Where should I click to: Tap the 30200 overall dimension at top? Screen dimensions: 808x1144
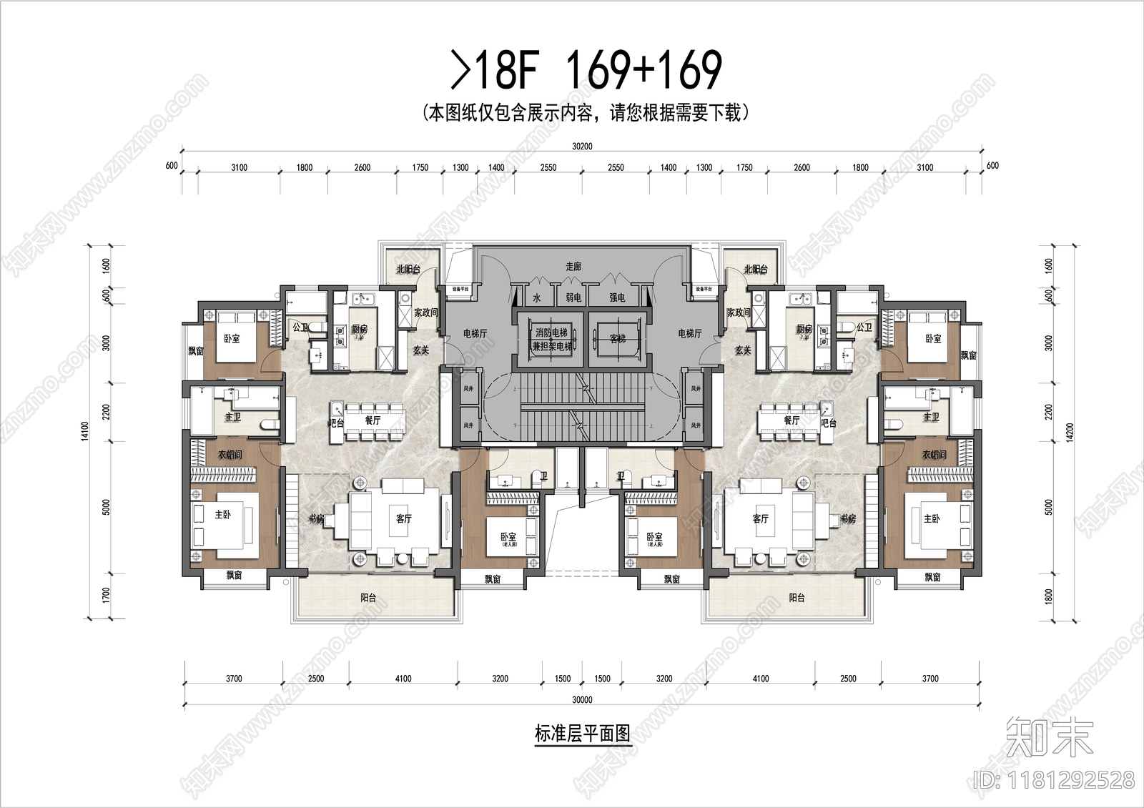[x=582, y=147]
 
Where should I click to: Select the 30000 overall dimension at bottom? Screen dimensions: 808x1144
[x=582, y=700]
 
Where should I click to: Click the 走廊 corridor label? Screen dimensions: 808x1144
[x=573, y=266]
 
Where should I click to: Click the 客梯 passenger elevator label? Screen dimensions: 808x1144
[x=617, y=338]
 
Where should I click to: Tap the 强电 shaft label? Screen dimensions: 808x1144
[x=617, y=297]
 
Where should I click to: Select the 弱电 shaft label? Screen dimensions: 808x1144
[x=573, y=297]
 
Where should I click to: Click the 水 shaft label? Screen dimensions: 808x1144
[x=536, y=297]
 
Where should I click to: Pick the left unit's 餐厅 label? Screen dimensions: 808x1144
[x=373, y=420]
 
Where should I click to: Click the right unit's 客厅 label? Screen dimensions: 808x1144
[x=760, y=518]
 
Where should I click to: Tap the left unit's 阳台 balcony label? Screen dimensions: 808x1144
[x=368, y=598]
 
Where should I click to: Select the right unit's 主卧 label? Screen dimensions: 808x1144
[x=932, y=518]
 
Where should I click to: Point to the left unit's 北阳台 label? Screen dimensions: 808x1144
[x=408, y=270]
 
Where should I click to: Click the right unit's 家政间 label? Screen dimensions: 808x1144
[x=738, y=312]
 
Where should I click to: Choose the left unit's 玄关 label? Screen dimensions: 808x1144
[x=421, y=350]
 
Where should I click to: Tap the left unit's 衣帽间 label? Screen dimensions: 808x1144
[x=230, y=455]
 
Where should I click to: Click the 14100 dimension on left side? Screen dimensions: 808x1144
[x=86, y=429]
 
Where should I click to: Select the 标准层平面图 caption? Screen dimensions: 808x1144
[x=582, y=734]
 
